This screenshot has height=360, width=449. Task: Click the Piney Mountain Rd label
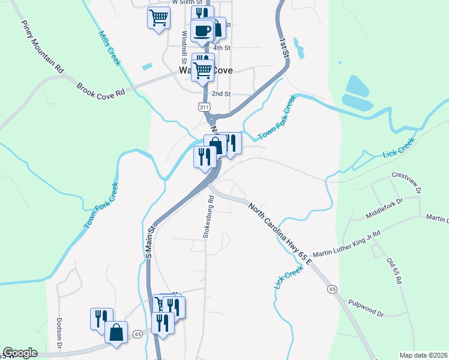pyautogui.click(x=42, y=47)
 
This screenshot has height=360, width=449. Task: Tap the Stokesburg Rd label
pyautogui.click(x=208, y=217)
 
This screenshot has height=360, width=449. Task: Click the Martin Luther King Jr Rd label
pyautogui.click(x=347, y=242)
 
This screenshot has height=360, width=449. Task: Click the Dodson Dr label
pyautogui.click(x=59, y=333)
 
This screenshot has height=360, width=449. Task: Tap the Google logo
pyautogui.click(x=20, y=353)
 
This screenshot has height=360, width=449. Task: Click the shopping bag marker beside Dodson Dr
pyautogui.click(x=116, y=332)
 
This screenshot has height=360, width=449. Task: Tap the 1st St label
pyautogui.click(x=284, y=47)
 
